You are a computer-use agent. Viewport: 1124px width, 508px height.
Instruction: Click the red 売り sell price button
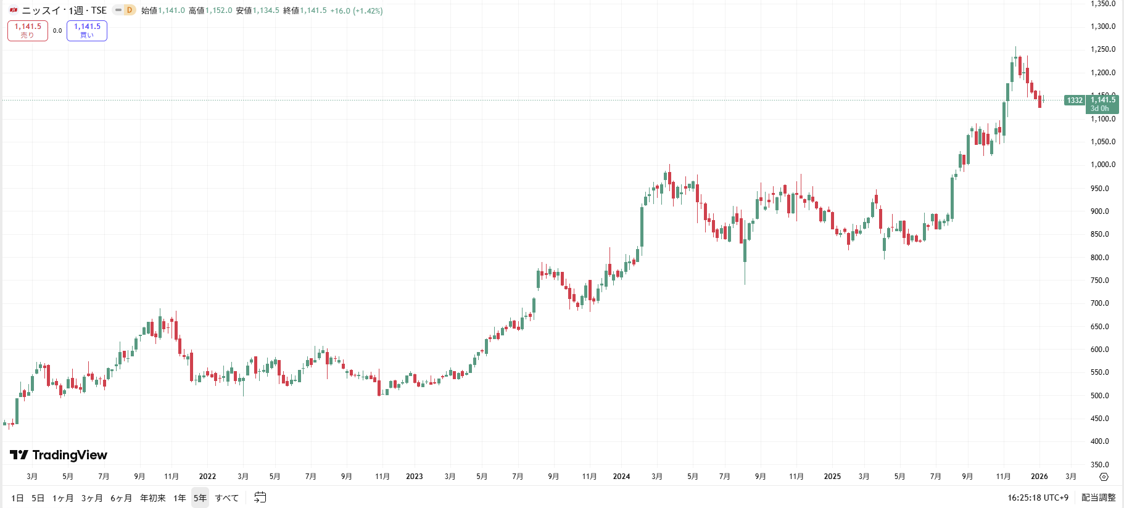(x=28, y=30)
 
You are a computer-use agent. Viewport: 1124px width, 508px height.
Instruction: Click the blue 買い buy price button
(x=87, y=30)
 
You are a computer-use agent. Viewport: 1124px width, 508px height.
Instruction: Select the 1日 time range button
(x=17, y=498)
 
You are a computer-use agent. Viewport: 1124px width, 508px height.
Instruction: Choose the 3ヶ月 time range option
(x=92, y=498)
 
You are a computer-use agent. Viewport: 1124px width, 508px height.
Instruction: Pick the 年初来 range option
(x=152, y=498)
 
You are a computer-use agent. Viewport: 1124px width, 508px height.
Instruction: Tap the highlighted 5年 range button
(x=200, y=498)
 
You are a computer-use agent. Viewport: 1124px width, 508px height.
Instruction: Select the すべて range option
(x=226, y=498)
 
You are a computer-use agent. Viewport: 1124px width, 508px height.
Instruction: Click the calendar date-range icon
(x=260, y=498)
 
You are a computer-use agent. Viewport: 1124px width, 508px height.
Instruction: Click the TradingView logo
(x=59, y=455)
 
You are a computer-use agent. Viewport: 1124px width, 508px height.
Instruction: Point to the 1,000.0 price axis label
(x=1102, y=165)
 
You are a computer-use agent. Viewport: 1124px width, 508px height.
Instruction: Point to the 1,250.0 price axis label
(x=1102, y=49)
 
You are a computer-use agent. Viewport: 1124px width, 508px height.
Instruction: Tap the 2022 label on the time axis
(x=207, y=477)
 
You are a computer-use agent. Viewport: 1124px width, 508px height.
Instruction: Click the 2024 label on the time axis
(x=621, y=477)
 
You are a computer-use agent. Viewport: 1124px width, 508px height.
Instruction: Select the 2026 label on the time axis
(x=1039, y=477)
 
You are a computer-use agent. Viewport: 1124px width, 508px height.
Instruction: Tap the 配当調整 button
(x=1098, y=498)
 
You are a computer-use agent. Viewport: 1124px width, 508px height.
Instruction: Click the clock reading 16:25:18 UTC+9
(x=1038, y=498)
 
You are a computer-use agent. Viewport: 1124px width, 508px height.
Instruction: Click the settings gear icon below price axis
(x=1104, y=477)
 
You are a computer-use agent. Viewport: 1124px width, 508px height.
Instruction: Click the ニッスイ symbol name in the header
(x=42, y=10)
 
